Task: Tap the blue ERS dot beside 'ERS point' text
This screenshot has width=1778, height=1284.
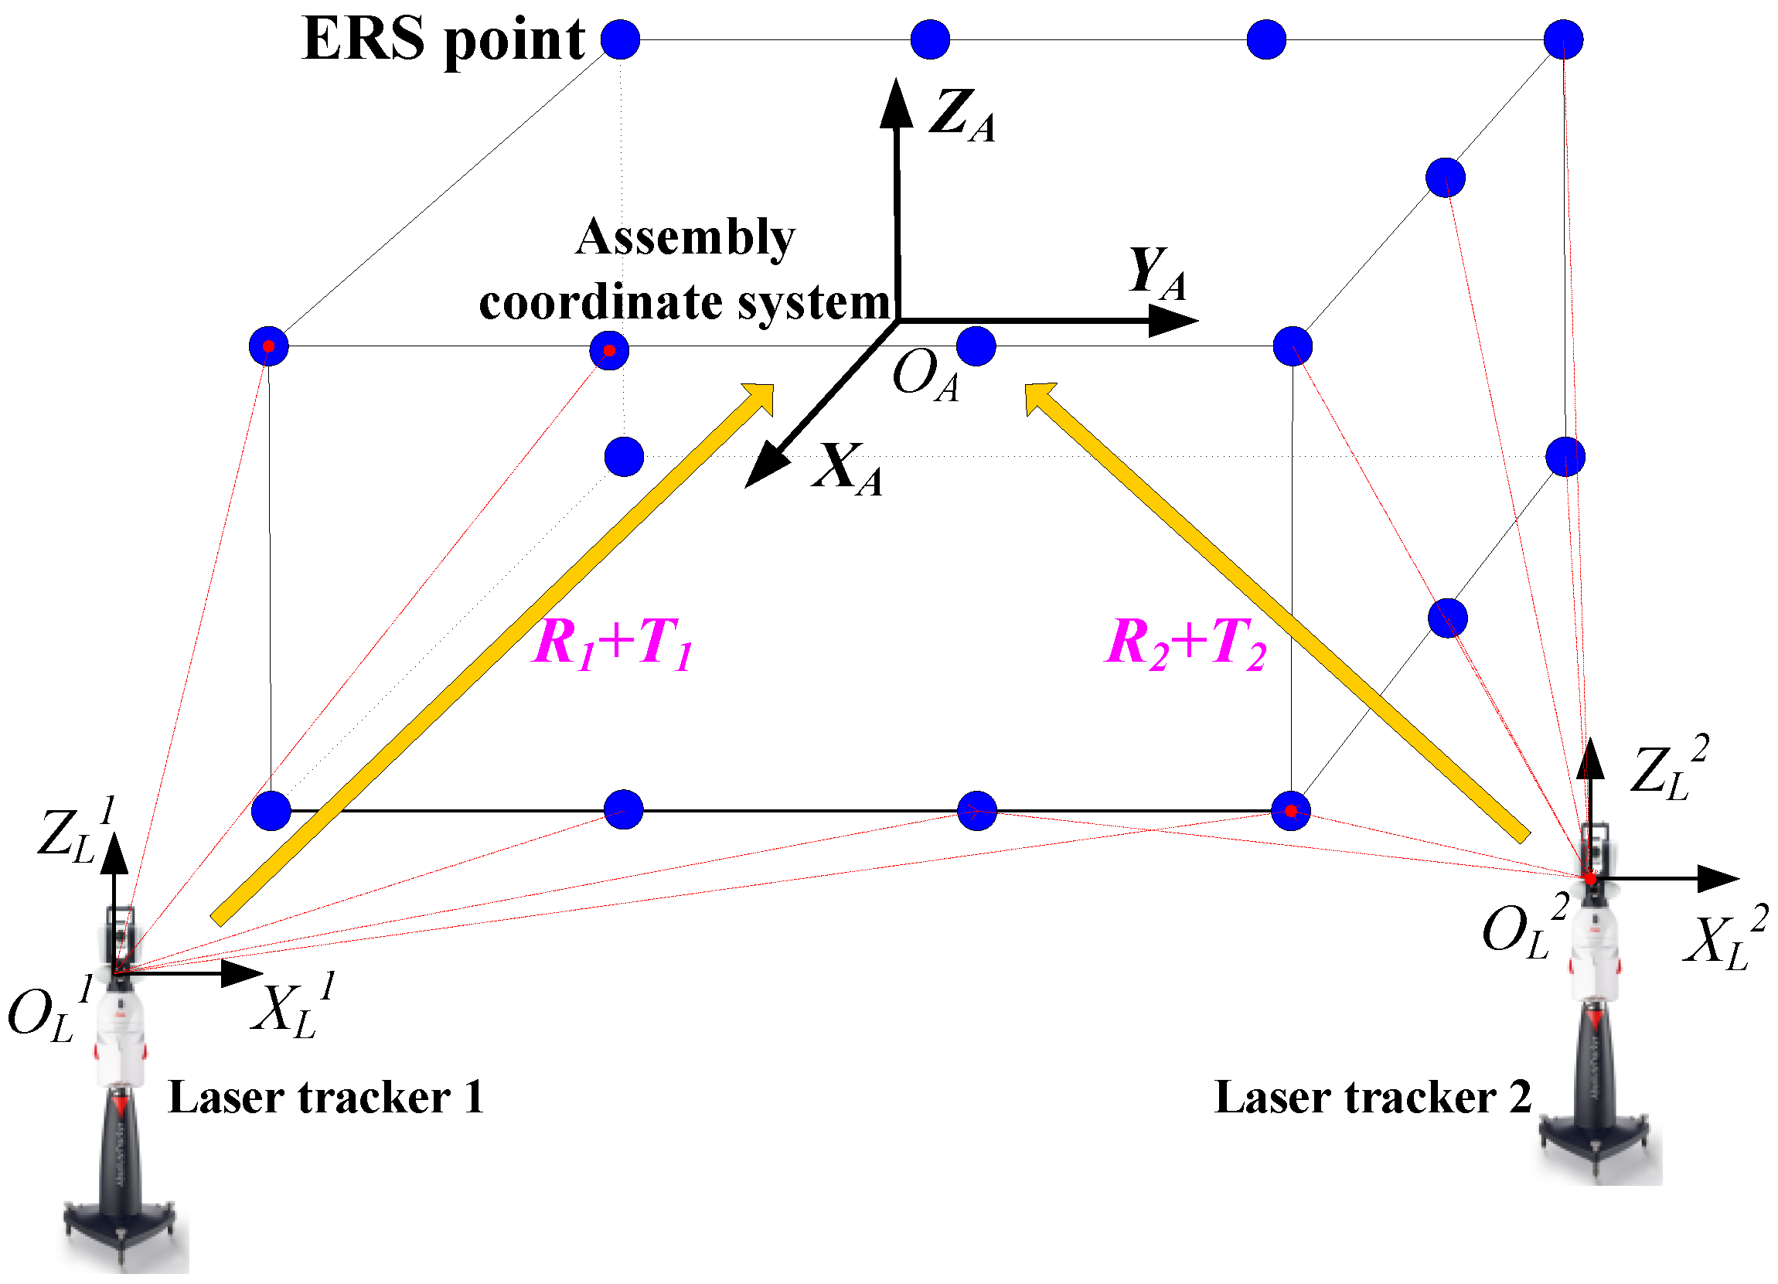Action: pyautogui.click(x=621, y=39)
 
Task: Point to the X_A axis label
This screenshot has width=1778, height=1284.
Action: pyautogui.click(x=847, y=469)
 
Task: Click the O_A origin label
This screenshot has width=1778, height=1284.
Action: pyautogui.click(x=925, y=376)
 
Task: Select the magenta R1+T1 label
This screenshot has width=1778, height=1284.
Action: pyautogui.click(x=612, y=644)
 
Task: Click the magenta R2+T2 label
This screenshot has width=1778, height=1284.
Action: pyautogui.click(x=1185, y=644)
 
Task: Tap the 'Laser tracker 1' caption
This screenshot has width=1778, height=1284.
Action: pyautogui.click(x=325, y=1098)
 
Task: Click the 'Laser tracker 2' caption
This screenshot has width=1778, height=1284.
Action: pyautogui.click(x=1373, y=1098)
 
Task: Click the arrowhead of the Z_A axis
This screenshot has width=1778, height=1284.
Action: pyautogui.click(x=896, y=102)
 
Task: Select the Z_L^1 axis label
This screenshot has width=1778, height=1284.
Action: pyautogui.click(x=75, y=832)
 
